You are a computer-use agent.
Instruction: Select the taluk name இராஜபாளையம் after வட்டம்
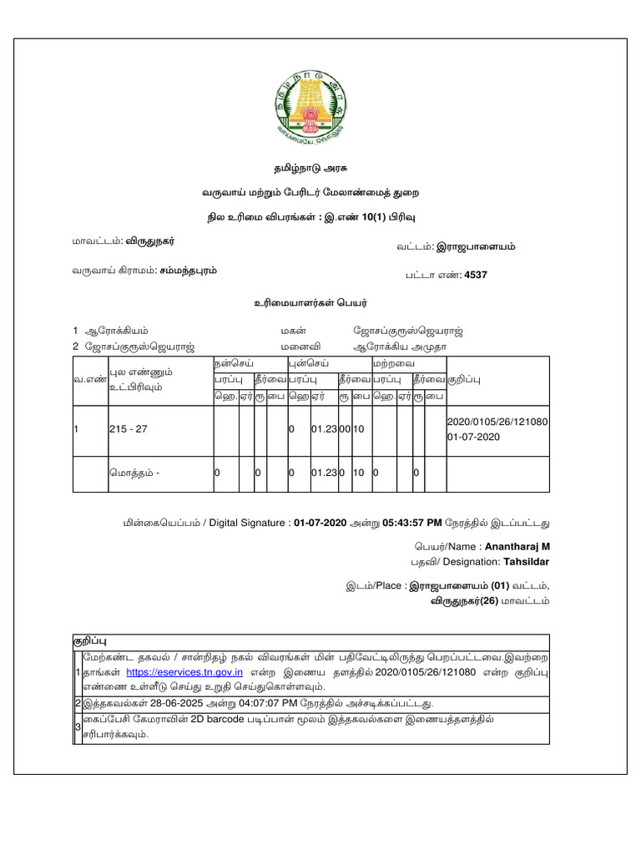pyautogui.click(x=484, y=246)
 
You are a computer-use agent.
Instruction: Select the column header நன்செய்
pyautogui.click(x=231, y=364)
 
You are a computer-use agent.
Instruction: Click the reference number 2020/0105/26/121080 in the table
pyautogui.click(x=498, y=422)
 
